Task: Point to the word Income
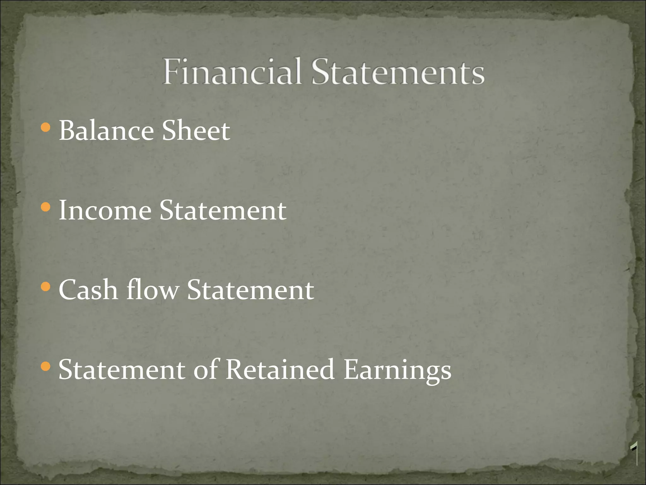click(x=105, y=210)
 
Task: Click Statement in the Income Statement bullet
click(x=223, y=210)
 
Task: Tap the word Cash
click(x=88, y=290)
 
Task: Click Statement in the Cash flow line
click(x=250, y=290)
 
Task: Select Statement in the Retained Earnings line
click(x=122, y=369)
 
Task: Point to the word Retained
click(x=280, y=369)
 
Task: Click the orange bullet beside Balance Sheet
click(x=46, y=128)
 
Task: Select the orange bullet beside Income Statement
click(x=46, y=207)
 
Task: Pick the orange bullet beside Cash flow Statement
click(x=46, y=287)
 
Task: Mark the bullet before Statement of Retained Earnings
click(x=46, y=367)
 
